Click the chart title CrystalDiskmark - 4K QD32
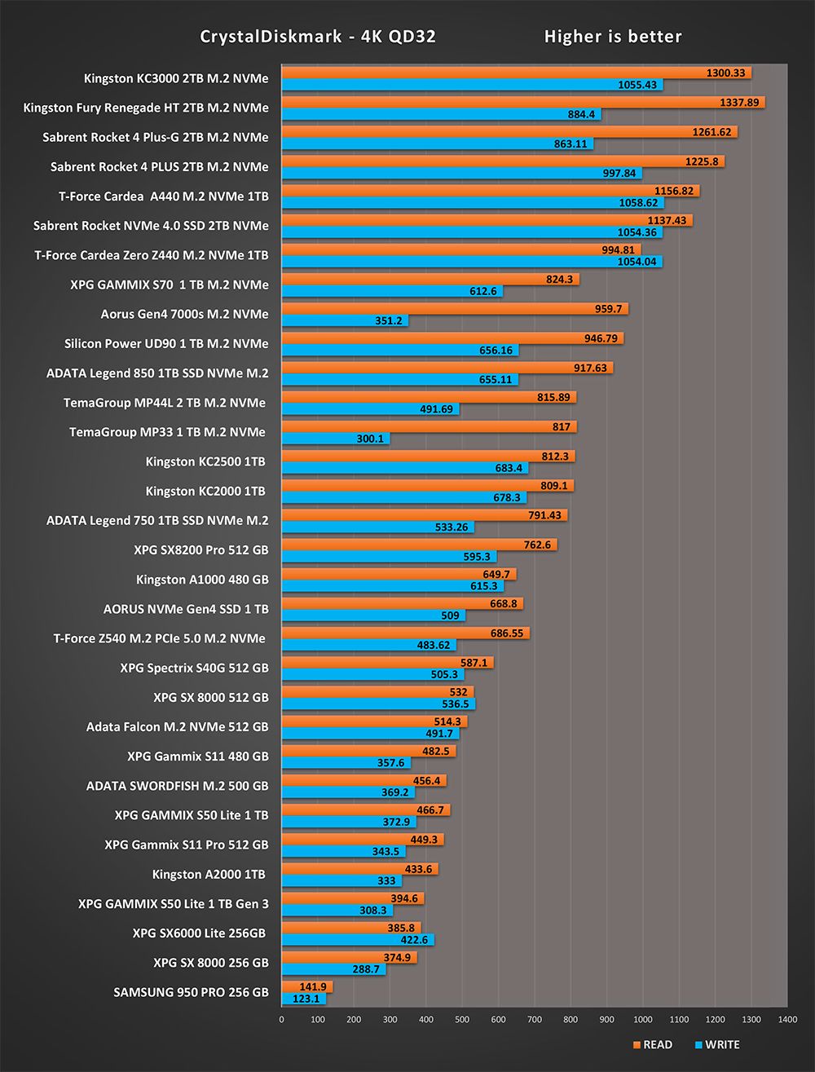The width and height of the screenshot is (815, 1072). point(318,37)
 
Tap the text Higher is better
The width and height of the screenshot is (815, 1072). point(613,37)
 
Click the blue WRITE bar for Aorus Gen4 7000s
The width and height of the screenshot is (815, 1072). point(344,321)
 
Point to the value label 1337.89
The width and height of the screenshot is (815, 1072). point(739,103)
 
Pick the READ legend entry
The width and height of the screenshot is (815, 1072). point(653,1044)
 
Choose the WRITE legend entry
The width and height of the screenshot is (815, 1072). point(717,1044)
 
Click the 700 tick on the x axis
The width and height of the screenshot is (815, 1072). point(535,1019)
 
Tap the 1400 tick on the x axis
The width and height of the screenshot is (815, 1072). point(787,1019)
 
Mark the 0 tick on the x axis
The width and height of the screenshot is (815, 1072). point(282,1019)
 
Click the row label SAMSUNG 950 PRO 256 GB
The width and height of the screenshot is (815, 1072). point(191,992)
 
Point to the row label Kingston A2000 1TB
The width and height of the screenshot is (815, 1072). point(209,874)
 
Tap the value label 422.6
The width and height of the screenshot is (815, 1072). point(414,940)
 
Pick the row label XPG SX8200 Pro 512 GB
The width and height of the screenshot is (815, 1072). point(201,550)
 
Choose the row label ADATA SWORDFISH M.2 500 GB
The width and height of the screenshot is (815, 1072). point(178,786)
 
